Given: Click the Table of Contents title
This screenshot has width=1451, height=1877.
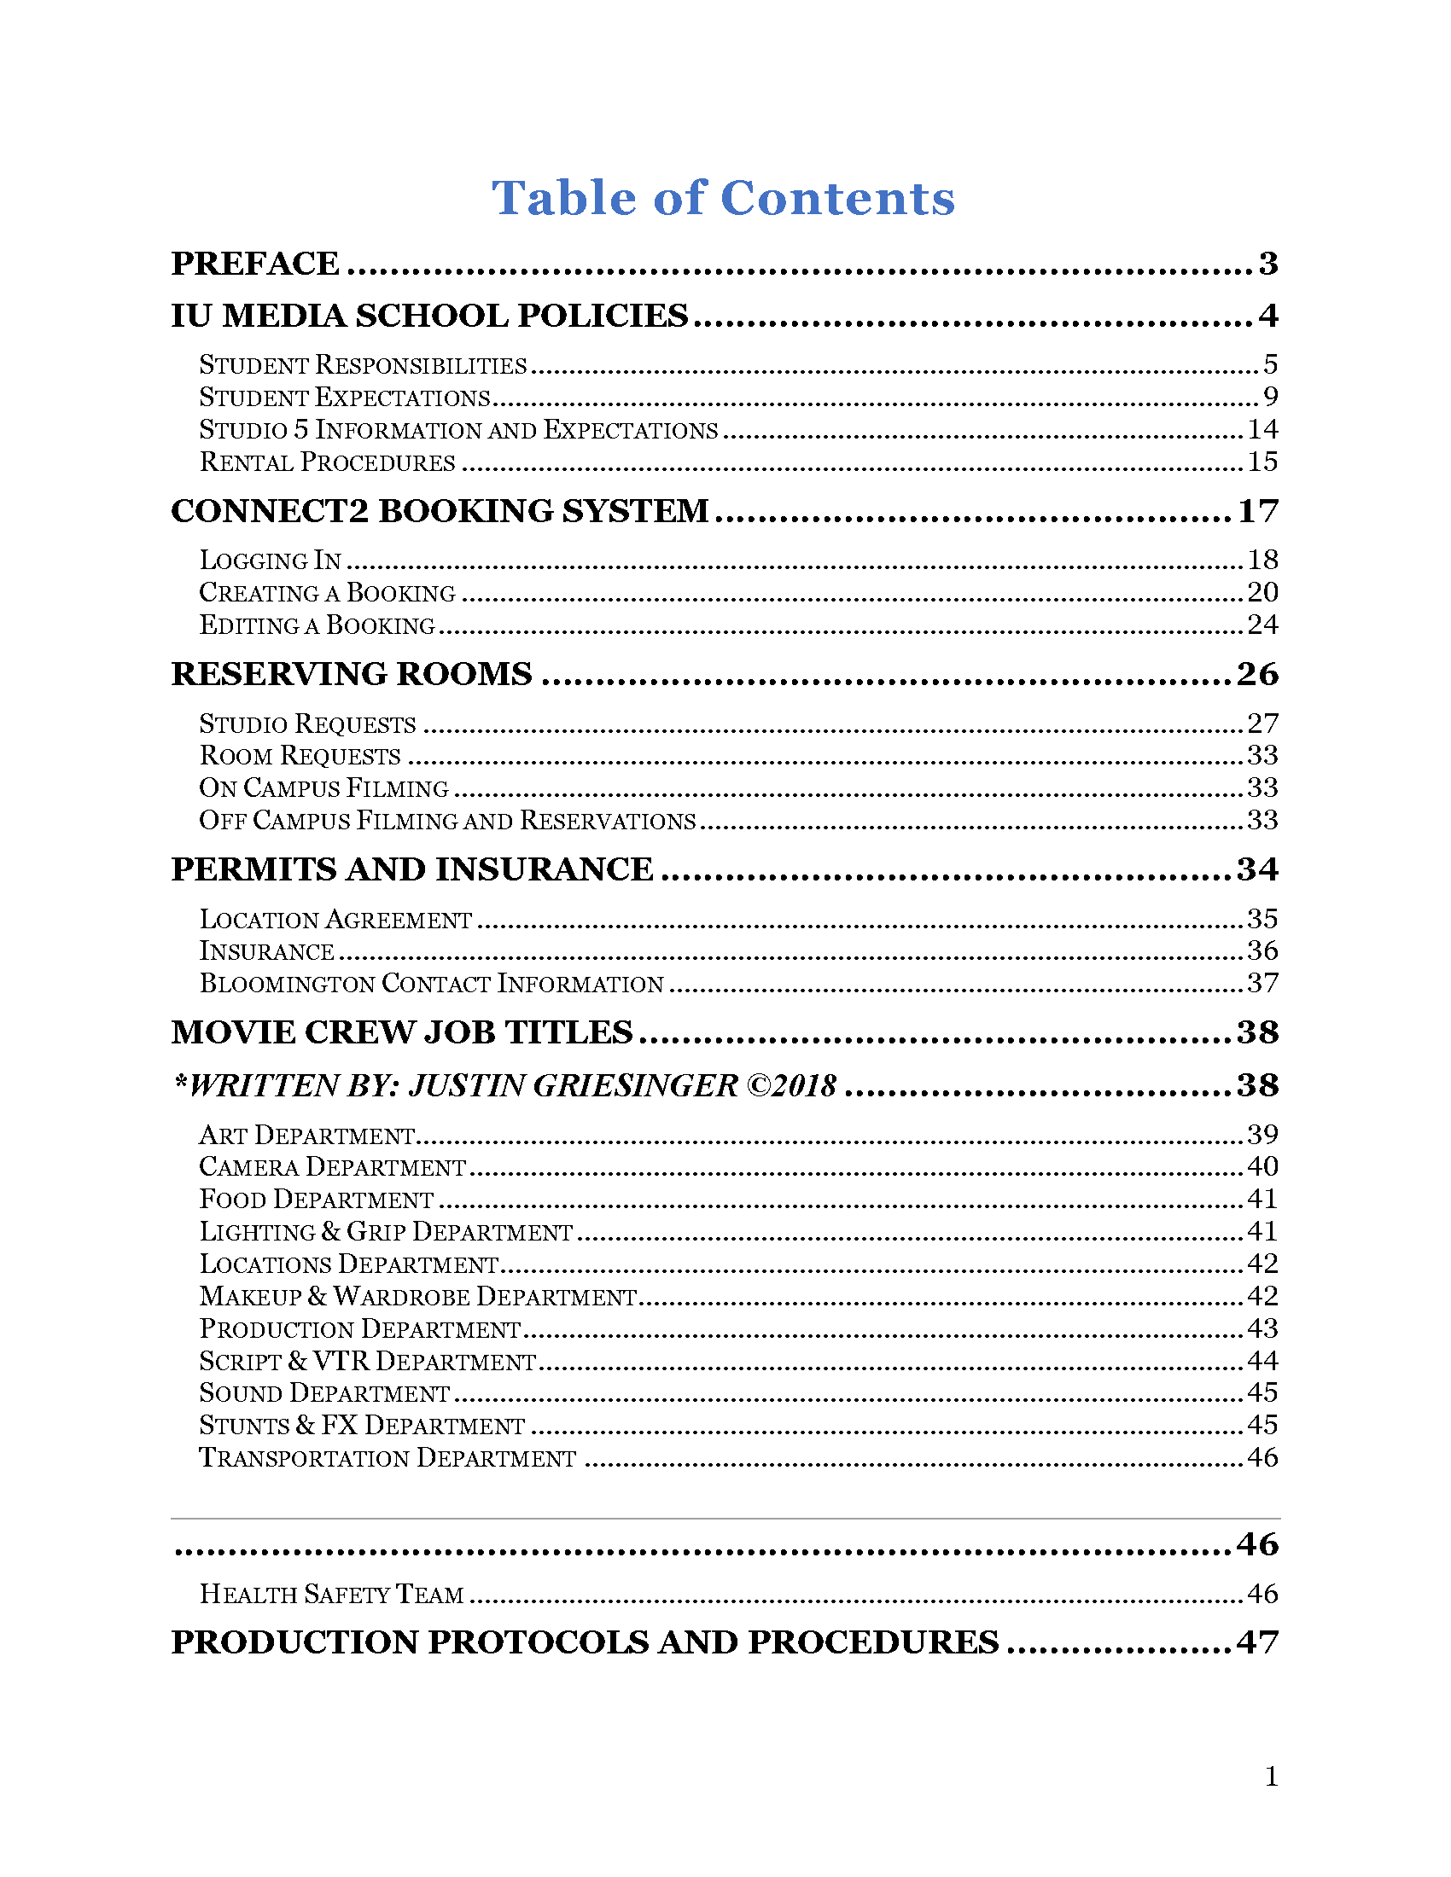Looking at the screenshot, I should pyautogui.click(x=723, y=199).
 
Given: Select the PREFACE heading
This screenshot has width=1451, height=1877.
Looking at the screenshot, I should pyautogui.click(x=255, y=264).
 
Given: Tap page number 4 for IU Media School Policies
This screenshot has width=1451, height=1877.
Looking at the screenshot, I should pyautogui.click(x=1267, y=317).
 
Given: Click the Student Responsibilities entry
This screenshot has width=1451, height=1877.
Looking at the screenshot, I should pyautogui.click(x=363, y=365).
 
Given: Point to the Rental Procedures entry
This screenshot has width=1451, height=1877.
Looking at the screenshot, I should pyautogui.click(x=328, y=462).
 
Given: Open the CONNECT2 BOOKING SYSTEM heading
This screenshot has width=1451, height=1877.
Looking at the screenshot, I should pyautogui.click(x=440, y=511).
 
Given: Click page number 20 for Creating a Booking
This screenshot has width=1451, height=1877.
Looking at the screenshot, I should pyautogui.click(x=1262, y=592).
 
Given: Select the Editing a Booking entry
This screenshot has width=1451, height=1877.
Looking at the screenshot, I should pyautogui.click(x=318, y=625).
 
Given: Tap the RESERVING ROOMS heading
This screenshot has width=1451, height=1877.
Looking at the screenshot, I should pyautogui.click(x=352, y=674).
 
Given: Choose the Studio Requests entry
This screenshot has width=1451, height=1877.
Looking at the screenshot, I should pyautogui.click(x=308, y=723).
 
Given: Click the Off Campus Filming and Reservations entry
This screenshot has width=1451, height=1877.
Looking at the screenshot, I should pyautogui.click(x=447, y=821).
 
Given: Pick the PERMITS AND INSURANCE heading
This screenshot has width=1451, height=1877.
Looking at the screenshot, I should pyautogui.click(x=411, y=869).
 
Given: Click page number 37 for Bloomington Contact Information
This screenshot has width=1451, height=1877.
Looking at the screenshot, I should pyautogui.click(x=1262, y=983).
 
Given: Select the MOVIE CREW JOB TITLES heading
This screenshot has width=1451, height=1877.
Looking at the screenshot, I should pyautogui.click(x=401, y=1032).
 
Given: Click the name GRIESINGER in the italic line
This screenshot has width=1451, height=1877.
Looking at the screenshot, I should pyautogui.click(x=635, y=1086).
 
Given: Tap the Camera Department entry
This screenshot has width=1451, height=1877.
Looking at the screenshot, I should pyautogui.click(x=333, y=1167).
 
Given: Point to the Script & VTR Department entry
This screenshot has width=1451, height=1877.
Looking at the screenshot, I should pyautogui.click(x=368, y=1362).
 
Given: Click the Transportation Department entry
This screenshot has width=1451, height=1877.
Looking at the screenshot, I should pyautogui.click(x=388, y=1458).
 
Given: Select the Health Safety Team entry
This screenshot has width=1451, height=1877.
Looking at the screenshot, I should pyautogui.click(x=332, y=1595).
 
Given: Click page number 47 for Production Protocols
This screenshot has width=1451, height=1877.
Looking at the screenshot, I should pyautogui.click(x=1257, y=1643).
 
